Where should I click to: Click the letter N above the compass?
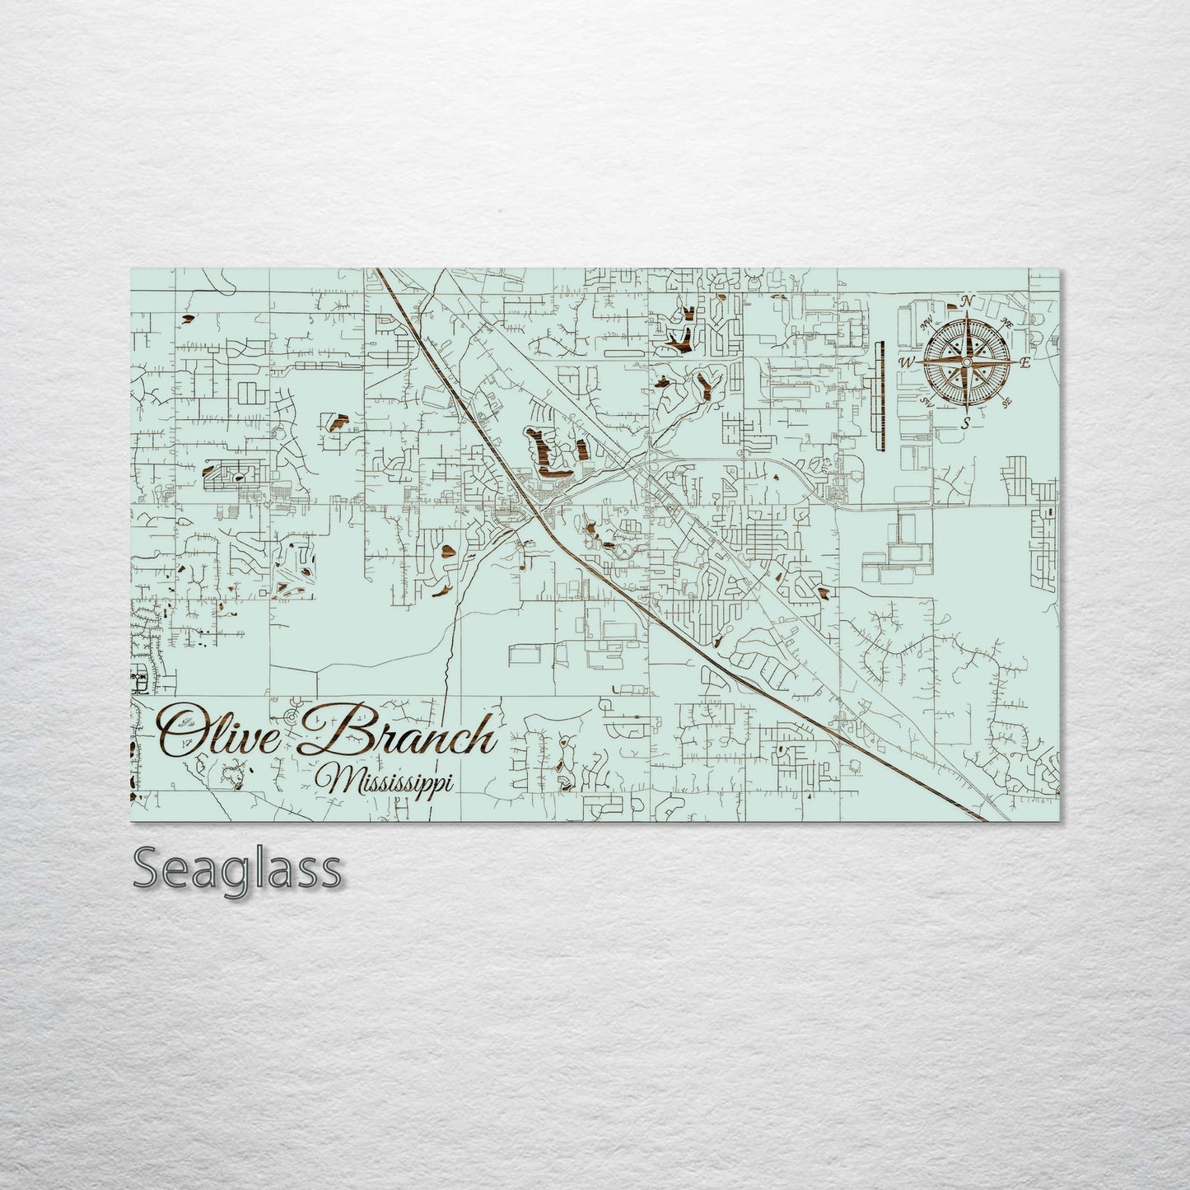(x=969, y=299)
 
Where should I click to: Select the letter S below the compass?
(x=966, y=422)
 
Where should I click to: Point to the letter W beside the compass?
(x=906, y=362)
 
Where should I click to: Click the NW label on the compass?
(x=928, y=322)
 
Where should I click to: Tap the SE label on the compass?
(x=1006, y=402)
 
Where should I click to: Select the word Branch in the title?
(x=402, y=733)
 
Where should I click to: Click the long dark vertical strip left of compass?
(x=878, y=396)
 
